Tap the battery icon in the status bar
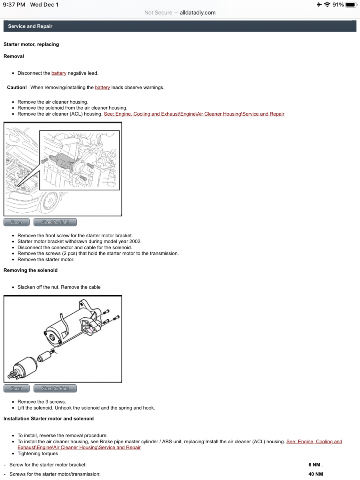[351, 4]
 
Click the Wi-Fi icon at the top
[327, 4]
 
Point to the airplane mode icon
[319, 4]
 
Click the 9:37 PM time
[14, 4]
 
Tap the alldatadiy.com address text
[198, 12]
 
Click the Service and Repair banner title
[30, 26]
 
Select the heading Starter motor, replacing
[31, 44]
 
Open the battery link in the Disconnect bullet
[59, 73]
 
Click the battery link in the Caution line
[102, 87]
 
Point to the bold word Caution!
[17, 87]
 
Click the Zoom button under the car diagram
[16, 222]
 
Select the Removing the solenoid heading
[30, 270]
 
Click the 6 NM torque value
[314, 465]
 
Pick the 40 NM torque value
[316, 474]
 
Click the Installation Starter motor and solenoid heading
[48, 418]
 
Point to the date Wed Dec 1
[44, 4]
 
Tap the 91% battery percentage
[338, 4]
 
